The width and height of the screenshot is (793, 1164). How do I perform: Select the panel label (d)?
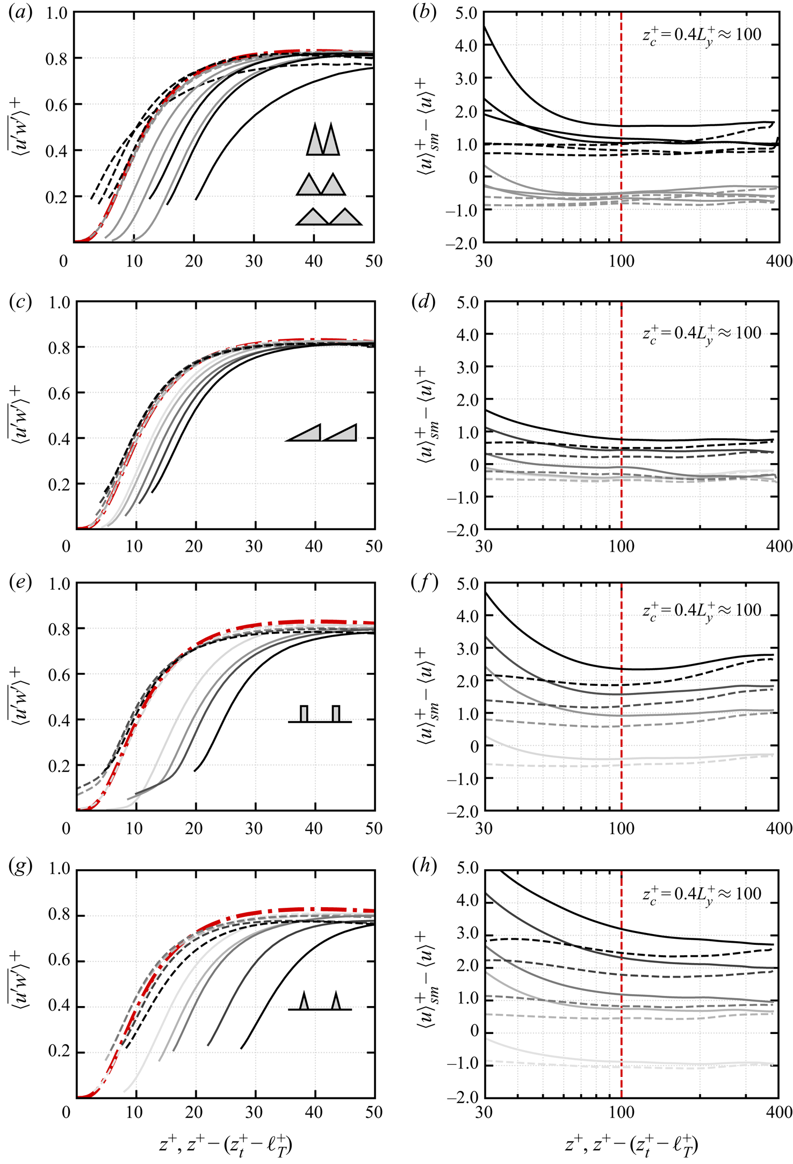point(424,302)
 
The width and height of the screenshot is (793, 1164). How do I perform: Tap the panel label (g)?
point(20,867)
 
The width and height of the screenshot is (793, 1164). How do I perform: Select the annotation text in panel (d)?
point(702,334)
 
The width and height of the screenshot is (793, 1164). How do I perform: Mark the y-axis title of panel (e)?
point(19,697)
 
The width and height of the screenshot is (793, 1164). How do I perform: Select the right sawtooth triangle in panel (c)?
point(342,433)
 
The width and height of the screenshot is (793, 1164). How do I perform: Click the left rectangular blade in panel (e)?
point(304,713)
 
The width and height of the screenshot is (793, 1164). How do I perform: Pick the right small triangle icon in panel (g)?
point(336,1001)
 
